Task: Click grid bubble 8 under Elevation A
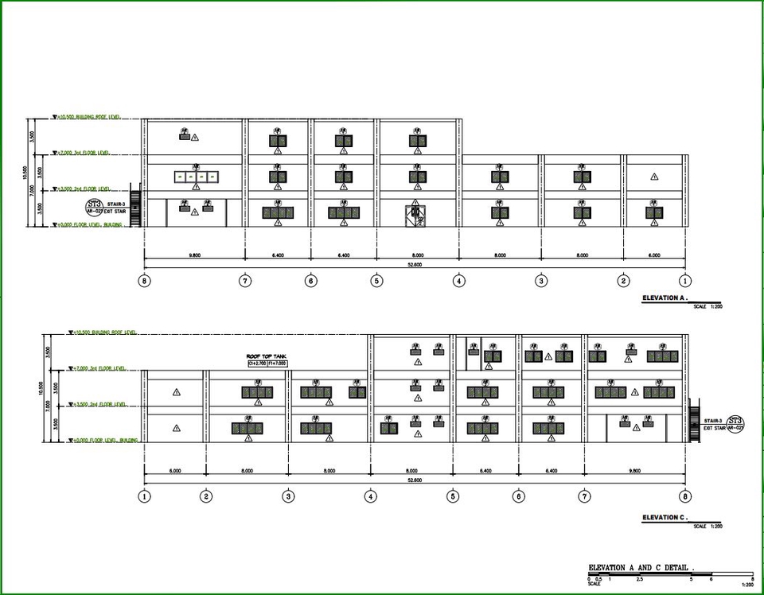(x=144, y=281)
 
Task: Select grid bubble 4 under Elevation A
(x=459, y=281)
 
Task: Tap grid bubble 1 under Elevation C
(x=144, y=496)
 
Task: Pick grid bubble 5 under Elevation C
(x=453, y=496)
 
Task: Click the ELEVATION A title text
(x=664, y=299)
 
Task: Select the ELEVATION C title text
(x=664, y=519)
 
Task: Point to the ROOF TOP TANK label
(x=266, y=357)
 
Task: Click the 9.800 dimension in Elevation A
(x=194, y=255)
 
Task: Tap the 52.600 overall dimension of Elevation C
(x=415, y=480)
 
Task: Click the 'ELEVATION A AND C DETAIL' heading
(x=641, y=568)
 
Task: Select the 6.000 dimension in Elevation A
(x=654, y=255)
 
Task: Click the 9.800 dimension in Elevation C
(x=634, y=471)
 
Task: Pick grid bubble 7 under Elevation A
(x=245, y=281)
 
